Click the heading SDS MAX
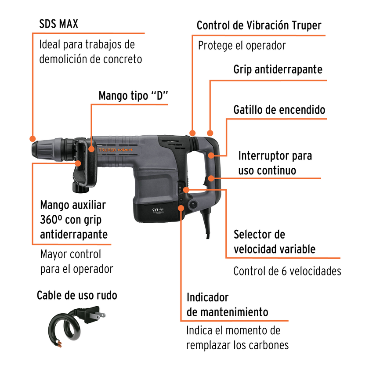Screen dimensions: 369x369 pos(58,24)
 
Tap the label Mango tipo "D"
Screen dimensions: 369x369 pos(133,96)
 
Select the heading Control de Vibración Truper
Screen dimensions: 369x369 pos(259,25)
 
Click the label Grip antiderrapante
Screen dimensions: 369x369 pos(278,70)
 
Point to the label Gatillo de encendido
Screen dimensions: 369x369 pos(279,110)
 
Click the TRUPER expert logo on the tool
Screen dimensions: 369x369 pos(116,150)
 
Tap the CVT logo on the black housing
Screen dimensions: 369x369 pos(158,210)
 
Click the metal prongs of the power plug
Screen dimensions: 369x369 pos(101,315)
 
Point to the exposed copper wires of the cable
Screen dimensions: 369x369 pos(59,344)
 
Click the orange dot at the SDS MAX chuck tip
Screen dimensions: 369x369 pos(33,139)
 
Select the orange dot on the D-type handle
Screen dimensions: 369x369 pos(91,149)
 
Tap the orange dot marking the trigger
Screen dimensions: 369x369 pos(211,156)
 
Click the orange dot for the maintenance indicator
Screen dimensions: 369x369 pos(181,208)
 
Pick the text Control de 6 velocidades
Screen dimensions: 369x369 pos(287,271)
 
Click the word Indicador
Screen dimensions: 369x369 pos(207,297)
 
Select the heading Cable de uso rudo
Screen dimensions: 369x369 pos(77,295)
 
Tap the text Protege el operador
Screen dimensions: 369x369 pos(242,46)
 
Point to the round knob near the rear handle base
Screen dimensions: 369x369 pos(193,204)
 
